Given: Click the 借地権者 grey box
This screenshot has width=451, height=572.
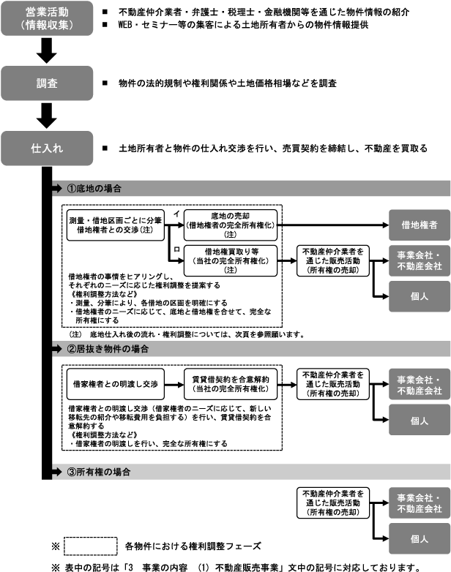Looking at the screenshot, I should [420, 225].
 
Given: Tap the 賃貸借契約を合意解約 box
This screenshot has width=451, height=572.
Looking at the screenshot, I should [230, 383].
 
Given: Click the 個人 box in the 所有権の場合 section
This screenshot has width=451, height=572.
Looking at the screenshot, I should [420, 538].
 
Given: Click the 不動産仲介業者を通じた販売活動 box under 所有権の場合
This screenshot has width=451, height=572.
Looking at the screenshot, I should [332, 503].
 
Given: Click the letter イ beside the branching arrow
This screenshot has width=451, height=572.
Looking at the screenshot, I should [176, 212].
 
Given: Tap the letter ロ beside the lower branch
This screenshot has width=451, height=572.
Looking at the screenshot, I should [176, 251].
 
